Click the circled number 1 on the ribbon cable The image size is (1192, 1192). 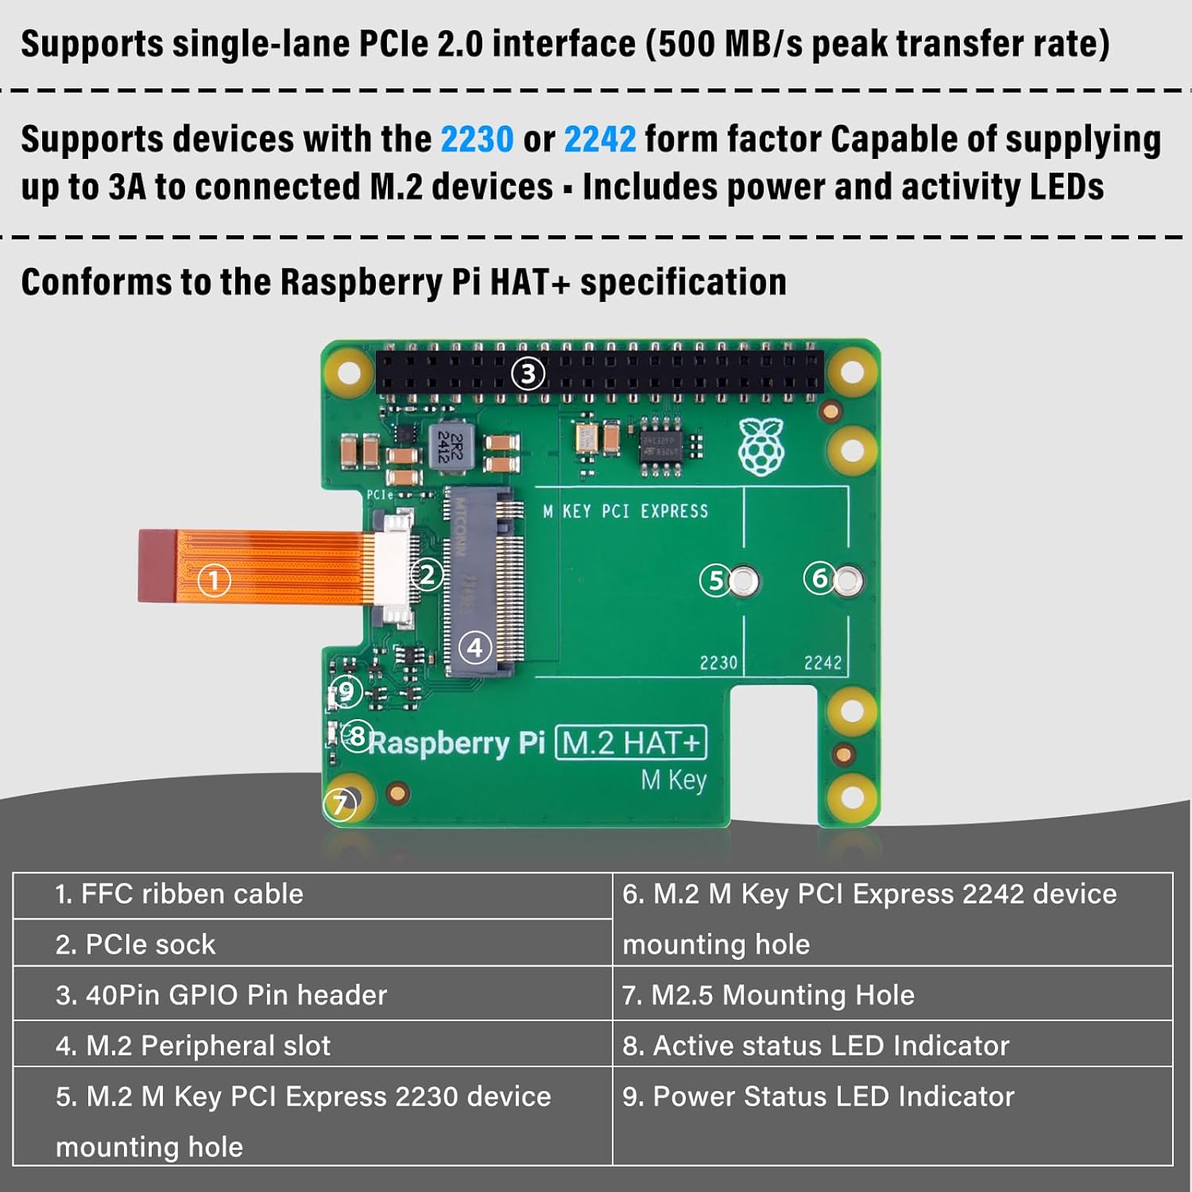(x=213, y=580)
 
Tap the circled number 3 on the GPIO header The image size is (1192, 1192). (x=528, y=373)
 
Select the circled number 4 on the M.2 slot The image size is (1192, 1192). (x=475, y=648)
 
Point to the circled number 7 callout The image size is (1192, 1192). (x=340, y=804)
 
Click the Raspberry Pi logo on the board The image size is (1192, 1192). (x=761, y=447)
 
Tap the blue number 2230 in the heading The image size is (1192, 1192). (x=477, y=140)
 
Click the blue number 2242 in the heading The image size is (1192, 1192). (x=600, y=140)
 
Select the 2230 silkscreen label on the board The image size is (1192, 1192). (x=718, y=662)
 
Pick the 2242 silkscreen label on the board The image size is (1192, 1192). (x=822, y=662)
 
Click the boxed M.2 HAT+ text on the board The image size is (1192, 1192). (x=630, y=743)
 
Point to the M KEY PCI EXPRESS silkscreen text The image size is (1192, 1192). (x=625, y=511)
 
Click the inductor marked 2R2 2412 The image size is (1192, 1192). (x=450, y=447)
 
